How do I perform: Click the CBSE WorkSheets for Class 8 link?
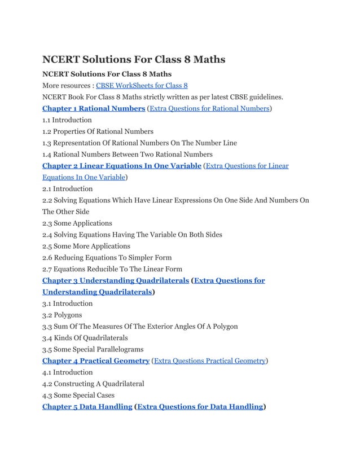(x=142, y=86)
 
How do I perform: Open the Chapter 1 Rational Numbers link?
(x=94, y=108)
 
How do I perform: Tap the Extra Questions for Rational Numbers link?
(x=209, y=108)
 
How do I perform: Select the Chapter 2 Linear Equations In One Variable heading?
(x=122, y=166)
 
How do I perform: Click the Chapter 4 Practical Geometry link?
(x=96, y=361)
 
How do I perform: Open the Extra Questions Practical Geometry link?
(x=209, y=361)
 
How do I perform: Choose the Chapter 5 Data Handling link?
(x=87, y=407)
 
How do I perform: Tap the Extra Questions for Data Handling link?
(x=200, y=407)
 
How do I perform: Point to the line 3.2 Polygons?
(x=62, y=315)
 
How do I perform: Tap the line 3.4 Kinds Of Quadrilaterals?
(x=85, y=338)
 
